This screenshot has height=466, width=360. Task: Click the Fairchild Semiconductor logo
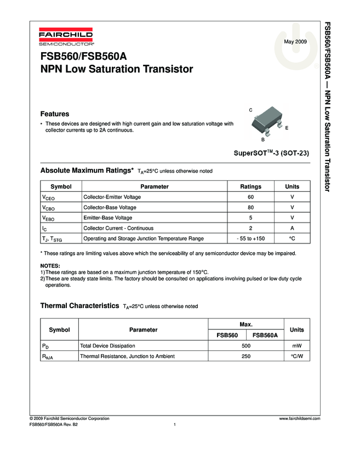[x=66, y=37]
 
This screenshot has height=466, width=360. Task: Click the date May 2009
[x=295, y=42]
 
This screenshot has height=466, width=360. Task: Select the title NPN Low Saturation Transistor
[x=117, y=70]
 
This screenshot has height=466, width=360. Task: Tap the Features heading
[x=55, y=114]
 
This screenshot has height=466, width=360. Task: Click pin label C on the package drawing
[x=250, y=110]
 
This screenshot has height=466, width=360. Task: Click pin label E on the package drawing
[x=287, y=127]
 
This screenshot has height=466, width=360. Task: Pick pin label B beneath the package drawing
[x=262, y=140]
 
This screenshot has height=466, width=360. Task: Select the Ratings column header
[x=250, y=187]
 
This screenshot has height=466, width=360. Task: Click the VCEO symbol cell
[x=48, y=197]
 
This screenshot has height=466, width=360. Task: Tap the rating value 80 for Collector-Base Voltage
[x=250, y=208]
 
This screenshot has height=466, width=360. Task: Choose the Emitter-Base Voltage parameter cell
[x=107, y=218]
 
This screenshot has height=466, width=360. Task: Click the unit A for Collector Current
[x=292, y=228]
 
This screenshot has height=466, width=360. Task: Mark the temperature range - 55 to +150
[x=250, y=238]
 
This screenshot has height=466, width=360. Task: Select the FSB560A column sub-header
[x=265, y=336]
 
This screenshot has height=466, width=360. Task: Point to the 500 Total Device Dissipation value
[x=246, y=346]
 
